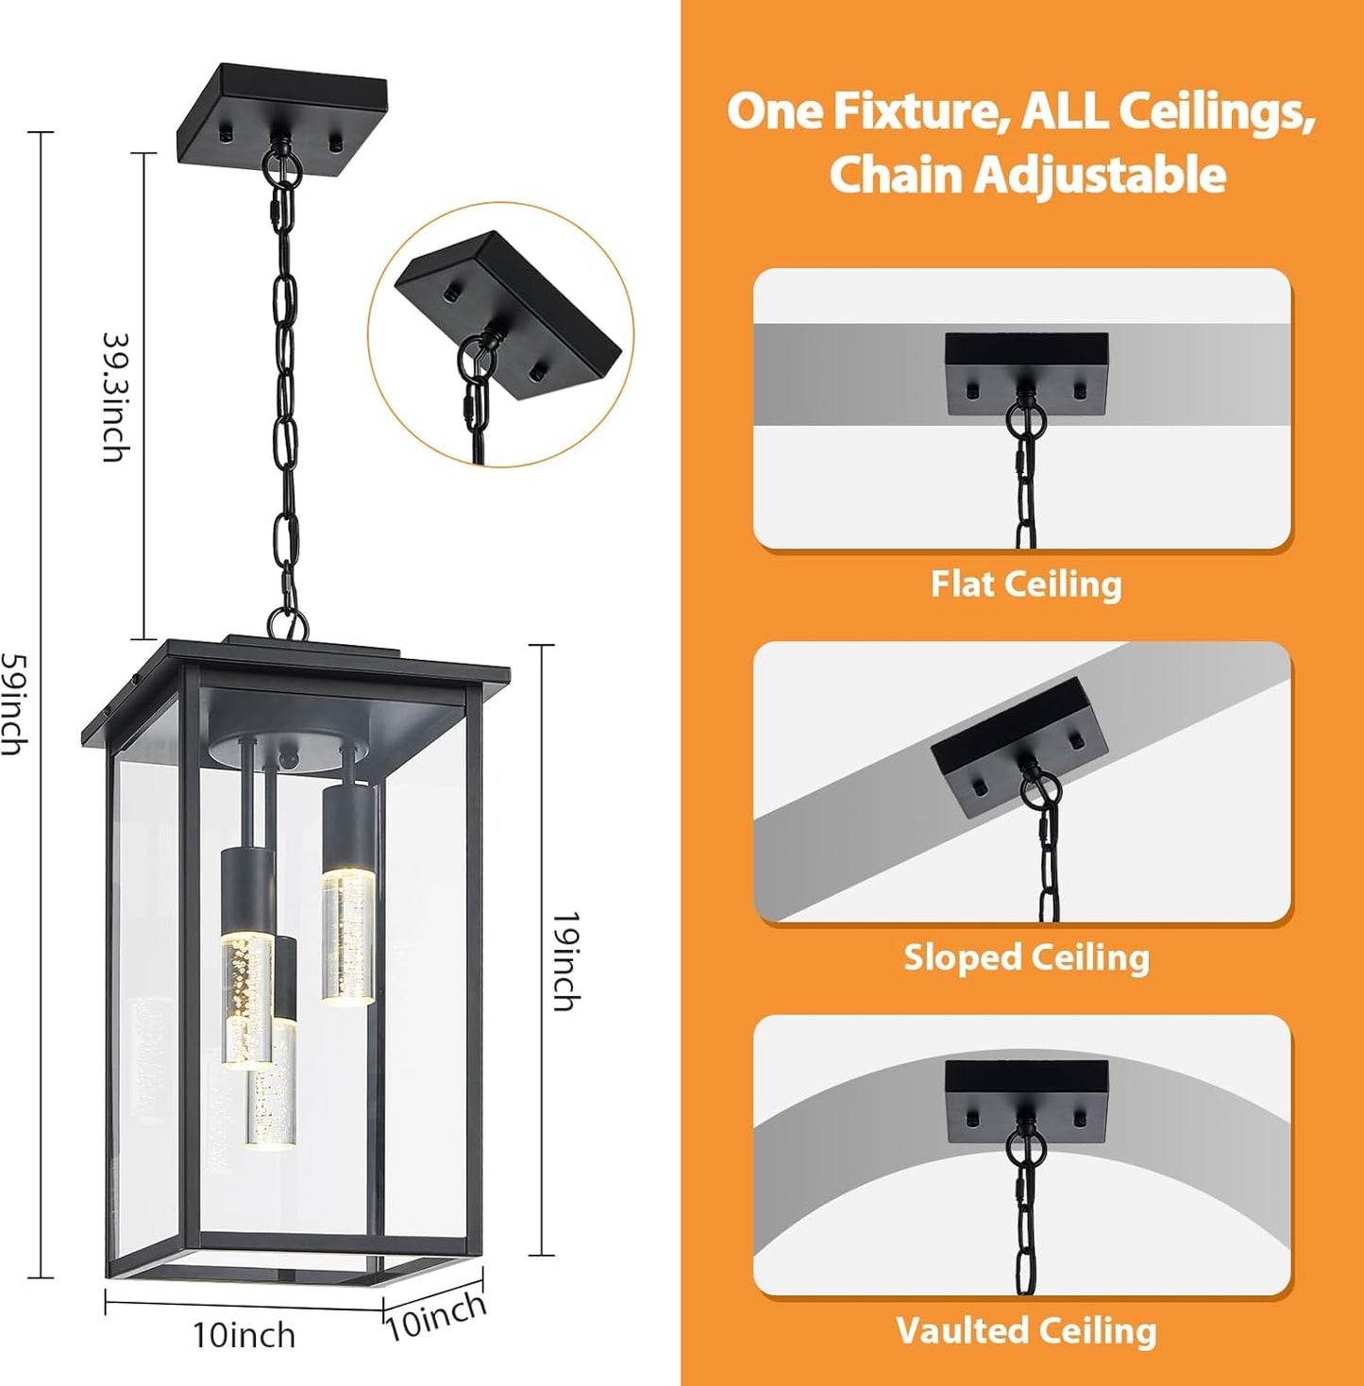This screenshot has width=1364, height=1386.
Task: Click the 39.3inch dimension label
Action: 114,397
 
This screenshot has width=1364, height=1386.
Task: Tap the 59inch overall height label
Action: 13,703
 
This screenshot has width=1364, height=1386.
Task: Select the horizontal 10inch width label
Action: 244,1335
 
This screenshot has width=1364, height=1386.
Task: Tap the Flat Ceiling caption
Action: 1026,583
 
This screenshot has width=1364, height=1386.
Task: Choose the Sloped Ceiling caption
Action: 1026,957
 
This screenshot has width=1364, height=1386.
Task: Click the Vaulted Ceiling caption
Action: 1026,1330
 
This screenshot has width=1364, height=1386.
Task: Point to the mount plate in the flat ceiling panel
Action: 1027,372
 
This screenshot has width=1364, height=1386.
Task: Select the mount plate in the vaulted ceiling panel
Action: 1027,1101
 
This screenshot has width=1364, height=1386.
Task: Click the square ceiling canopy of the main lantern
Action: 282,111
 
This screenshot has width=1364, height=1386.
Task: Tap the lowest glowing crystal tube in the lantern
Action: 271,1095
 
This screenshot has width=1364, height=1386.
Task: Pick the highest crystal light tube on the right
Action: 348,935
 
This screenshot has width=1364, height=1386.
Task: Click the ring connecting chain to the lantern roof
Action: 287,623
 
